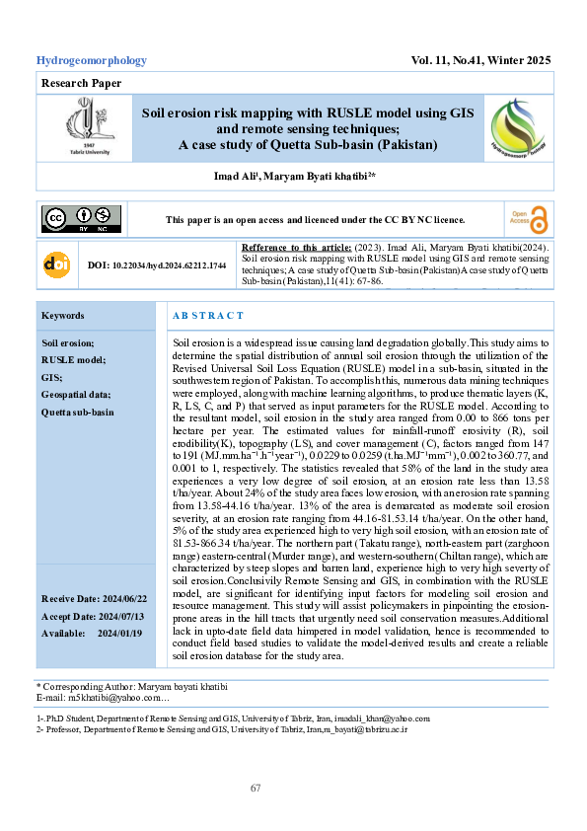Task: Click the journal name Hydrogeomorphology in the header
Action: click(x=91, y=60)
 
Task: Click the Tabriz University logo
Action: click(x=82, y=128)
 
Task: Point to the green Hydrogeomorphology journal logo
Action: click(x=516, y=128)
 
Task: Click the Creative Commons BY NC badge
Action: click(x=81, y=219)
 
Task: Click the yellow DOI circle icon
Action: click(x=55, y=265)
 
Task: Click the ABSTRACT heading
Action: click(x=208, y=316)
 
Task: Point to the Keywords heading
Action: click(x=63, y=316)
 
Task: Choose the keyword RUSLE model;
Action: click(x=73, y=360)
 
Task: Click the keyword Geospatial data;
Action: click(x=76, y=395)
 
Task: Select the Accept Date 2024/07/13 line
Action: click(x=91, y=617)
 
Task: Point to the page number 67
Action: click(x=256, y=788)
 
